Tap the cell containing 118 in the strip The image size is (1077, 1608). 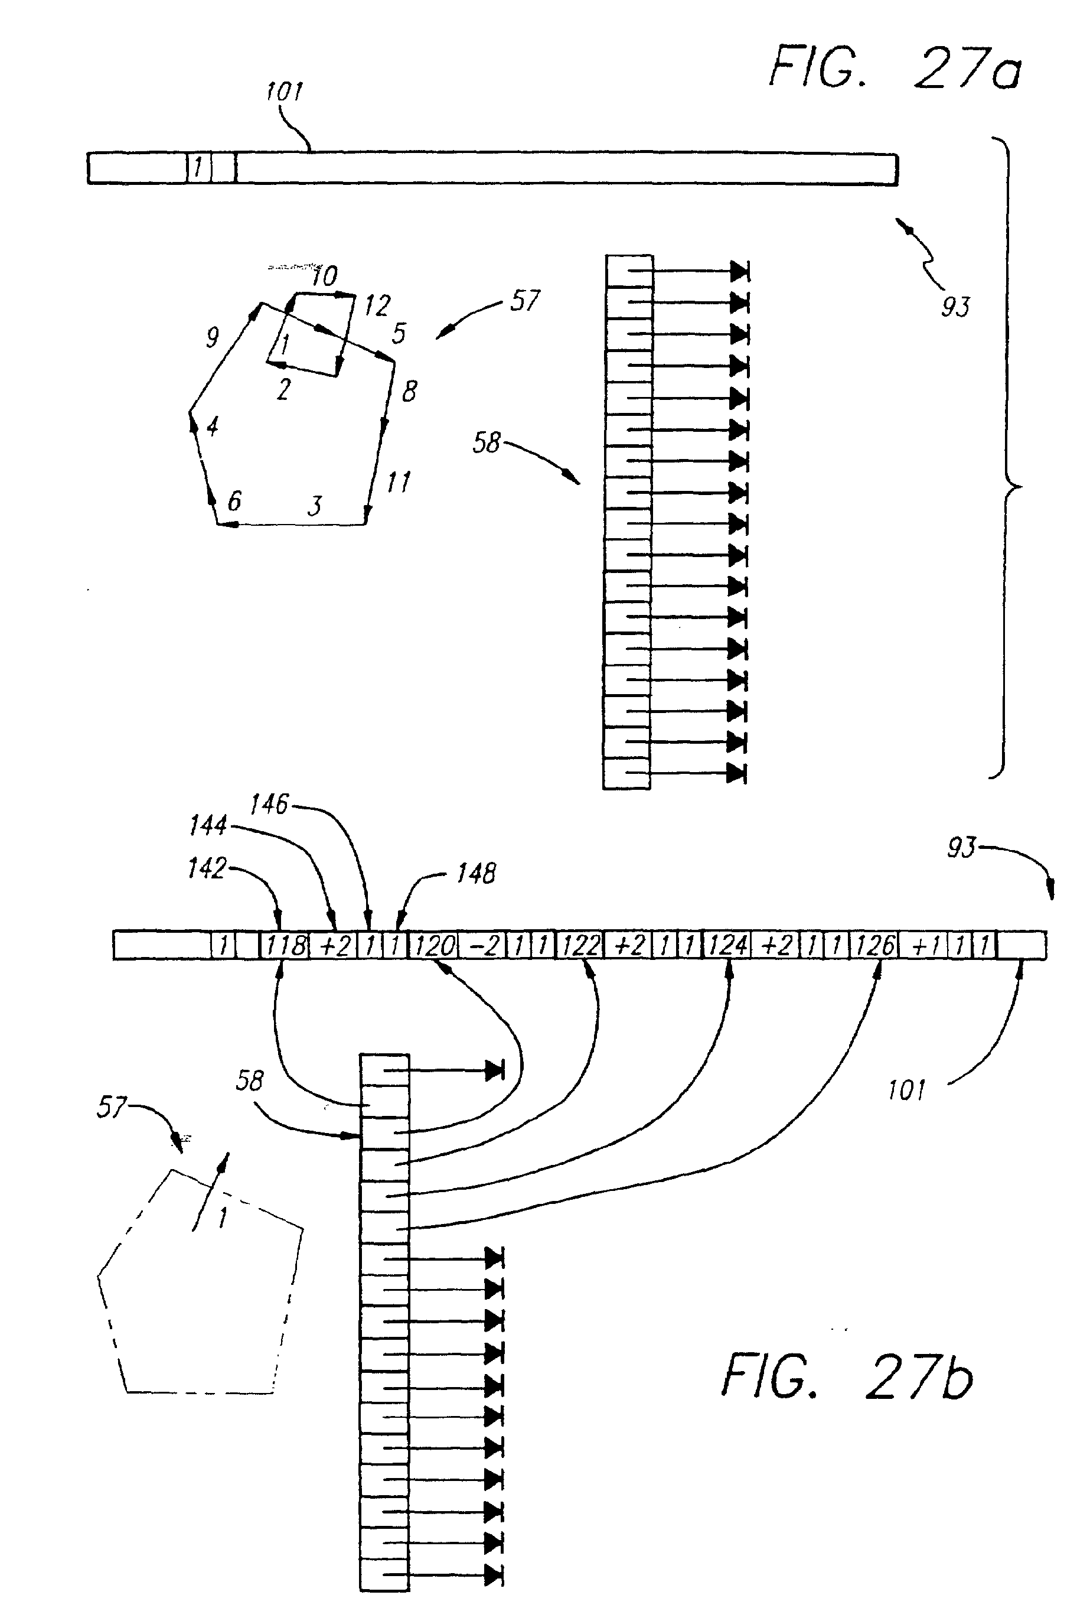coord(285,946)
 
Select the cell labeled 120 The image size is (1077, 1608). coord(433,946)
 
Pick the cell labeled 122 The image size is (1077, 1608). coord(581,946)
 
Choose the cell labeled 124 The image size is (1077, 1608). coord(727,946)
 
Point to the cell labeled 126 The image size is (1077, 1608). coord(875,946)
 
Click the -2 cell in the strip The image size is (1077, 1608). coord(483,946)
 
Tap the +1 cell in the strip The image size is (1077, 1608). coord(925,946)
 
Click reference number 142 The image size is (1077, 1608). coord(207,868)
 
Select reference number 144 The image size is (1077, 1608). coord(208,825)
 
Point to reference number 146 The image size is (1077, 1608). coord(269,804)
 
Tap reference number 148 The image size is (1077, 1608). coord(476,873)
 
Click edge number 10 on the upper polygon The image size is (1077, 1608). coord(324,276)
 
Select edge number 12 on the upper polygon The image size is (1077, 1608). coord(377,305)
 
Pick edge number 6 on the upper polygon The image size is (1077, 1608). coord(234,500)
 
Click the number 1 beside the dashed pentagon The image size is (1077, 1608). coord(223,1218)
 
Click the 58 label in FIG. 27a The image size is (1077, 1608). coord(487,442)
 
